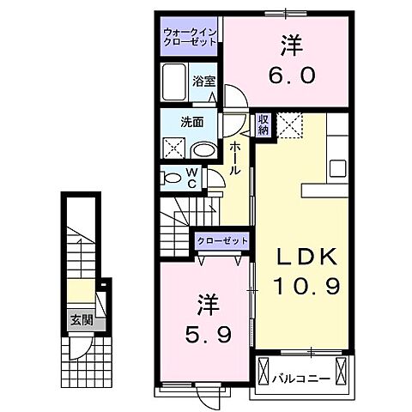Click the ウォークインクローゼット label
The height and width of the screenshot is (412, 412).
point(189,38)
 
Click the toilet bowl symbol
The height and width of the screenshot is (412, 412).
point(173,179)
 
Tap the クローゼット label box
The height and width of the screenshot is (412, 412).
point(222,241)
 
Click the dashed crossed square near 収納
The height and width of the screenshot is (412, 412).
point(291,125)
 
